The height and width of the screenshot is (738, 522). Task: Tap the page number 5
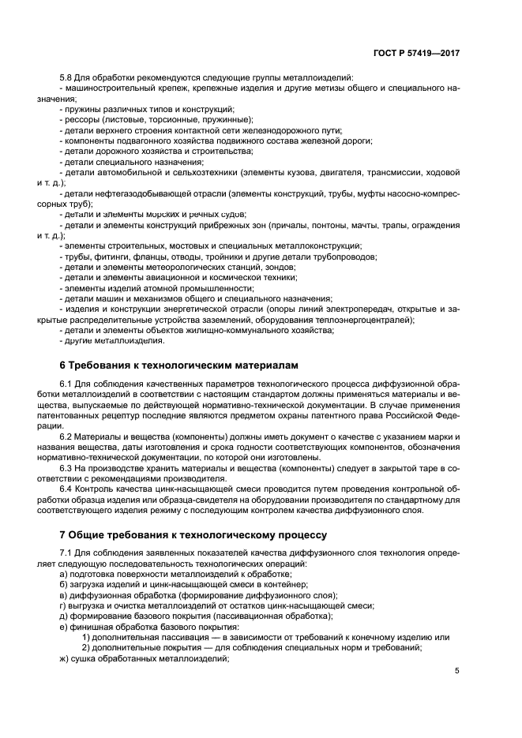pos(457,671)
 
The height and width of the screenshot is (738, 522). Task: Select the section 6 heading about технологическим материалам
pos(180,365)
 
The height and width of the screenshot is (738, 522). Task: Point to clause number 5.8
pos(67,77)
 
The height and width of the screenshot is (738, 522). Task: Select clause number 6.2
pos(67,437)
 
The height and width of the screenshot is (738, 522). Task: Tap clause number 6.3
pos(67,469)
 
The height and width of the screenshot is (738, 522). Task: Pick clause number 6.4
pos(67,489)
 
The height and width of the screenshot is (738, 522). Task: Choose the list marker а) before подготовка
pos(64,574)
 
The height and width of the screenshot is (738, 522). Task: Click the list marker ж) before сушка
pos(65,658)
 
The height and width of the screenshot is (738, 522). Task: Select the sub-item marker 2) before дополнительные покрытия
pos(86,648)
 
